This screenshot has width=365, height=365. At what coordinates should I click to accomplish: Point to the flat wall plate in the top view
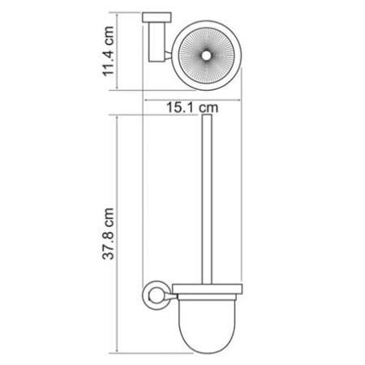154,19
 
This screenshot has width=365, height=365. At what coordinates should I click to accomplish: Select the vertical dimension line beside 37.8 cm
120,235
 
